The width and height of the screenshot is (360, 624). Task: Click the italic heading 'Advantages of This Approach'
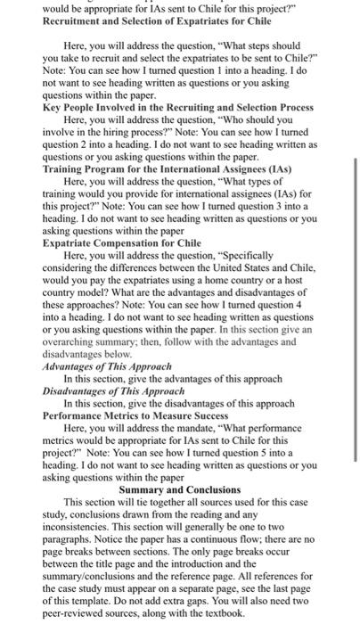110,366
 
